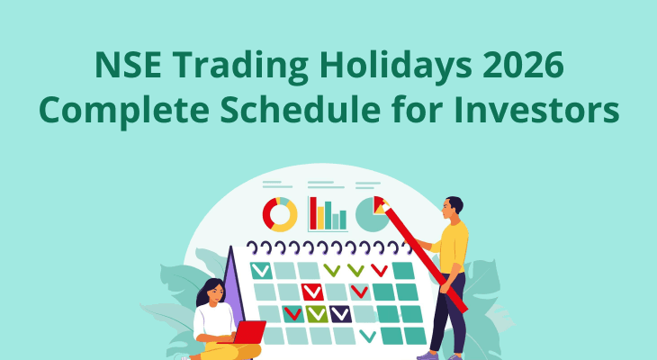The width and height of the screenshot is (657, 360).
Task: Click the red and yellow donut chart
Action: (280, 214)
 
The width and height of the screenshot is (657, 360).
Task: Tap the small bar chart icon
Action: (328, 213)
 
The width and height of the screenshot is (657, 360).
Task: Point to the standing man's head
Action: (453, 206)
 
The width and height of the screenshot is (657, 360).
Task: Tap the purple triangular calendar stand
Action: (232, 283)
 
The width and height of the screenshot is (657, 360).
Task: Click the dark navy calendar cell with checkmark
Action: (340, 313)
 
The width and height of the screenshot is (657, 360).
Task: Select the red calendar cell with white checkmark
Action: (312, 291)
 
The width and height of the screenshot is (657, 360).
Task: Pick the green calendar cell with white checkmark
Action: (316, 313)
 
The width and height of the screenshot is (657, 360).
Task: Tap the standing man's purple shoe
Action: (429, 355)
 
